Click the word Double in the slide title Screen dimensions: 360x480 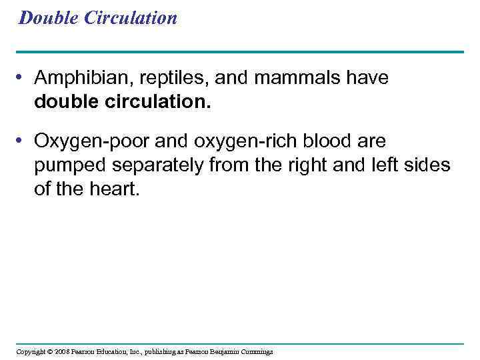point(49,18)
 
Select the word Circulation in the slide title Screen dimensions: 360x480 point(130,18)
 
